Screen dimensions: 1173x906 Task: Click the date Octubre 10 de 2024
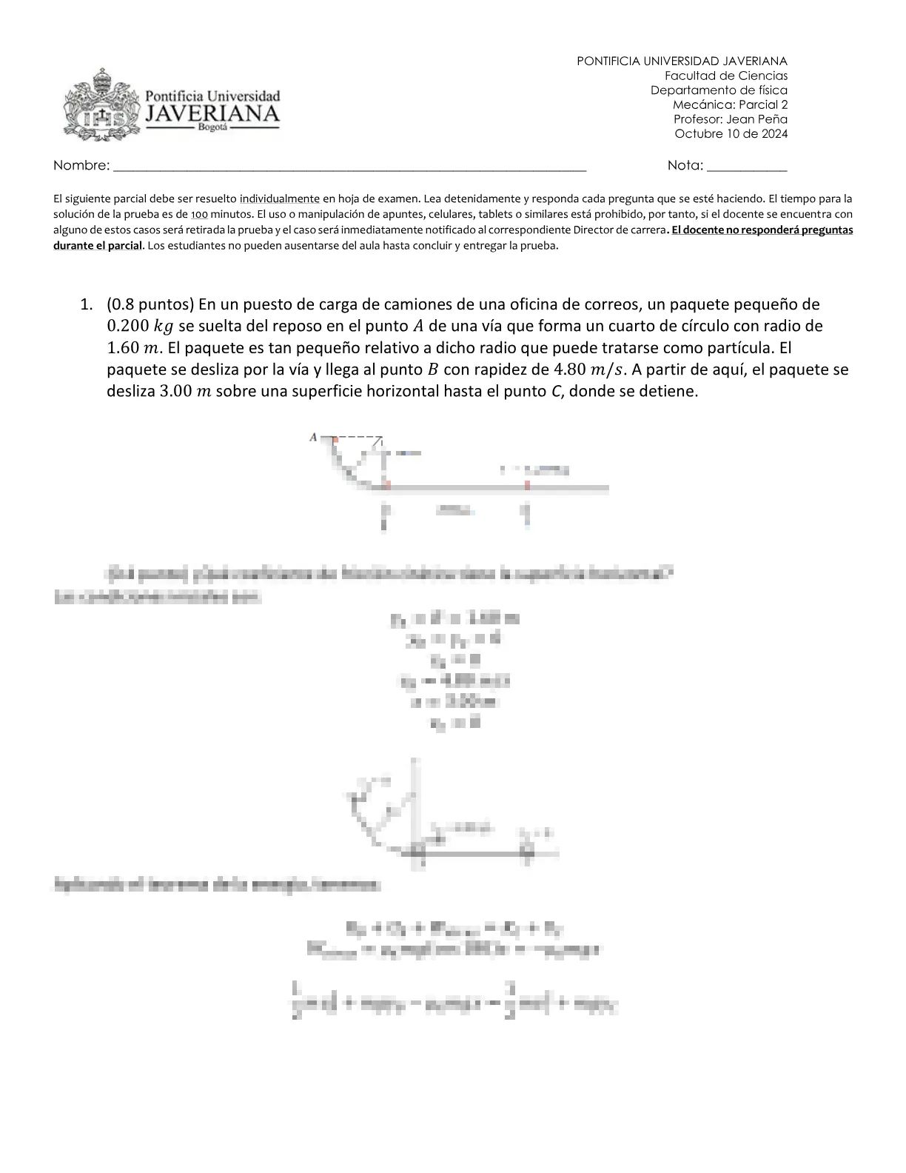[731, 134]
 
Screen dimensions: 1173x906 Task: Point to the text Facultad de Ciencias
[725, 76]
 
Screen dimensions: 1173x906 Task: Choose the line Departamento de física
[719, 90]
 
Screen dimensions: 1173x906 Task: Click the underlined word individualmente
[280, 198]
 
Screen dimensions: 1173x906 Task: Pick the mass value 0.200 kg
[140, 326]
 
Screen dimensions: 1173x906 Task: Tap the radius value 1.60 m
[131, 347]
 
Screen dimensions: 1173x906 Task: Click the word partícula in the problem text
[739, 347]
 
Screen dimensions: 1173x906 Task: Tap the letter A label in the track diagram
[313, 437]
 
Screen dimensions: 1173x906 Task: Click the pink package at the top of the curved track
[335, 440]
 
